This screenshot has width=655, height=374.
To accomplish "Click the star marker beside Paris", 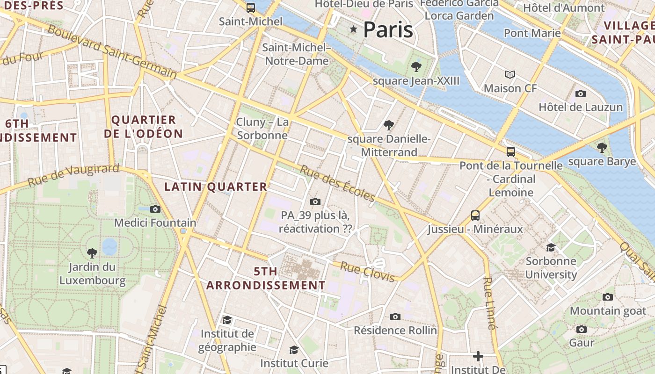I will tap(353, 30).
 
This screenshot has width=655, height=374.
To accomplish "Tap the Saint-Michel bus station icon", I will tap(251, 7).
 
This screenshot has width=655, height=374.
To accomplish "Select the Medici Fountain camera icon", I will tap(155, 209).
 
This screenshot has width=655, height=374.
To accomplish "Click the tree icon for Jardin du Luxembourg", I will tap(92, 253).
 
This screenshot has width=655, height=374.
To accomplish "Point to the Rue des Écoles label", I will tap(337, 183).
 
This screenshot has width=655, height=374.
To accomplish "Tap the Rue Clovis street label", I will tap(368, 272).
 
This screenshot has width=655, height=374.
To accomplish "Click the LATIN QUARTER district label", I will tap(215, 187).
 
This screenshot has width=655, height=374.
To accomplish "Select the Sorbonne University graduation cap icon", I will tap(551, 247).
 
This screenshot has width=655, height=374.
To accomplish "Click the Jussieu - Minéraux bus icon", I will tap(475, 215).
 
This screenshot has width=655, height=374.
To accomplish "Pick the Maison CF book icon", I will tap(510, 74).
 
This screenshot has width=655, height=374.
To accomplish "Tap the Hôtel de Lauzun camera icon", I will tap(581, 93).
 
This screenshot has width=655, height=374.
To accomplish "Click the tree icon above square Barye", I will tap(602, 148).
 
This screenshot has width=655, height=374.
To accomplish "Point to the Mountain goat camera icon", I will tap(608, 297).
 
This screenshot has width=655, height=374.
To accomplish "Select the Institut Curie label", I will tap(294, 363).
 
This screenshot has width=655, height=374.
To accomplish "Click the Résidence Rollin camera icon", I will tap(395, 316).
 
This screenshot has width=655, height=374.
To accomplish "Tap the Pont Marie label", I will tap(532, 33).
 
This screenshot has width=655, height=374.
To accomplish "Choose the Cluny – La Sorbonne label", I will tap(262, 129).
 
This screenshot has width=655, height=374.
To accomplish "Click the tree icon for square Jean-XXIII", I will tap(416, 67).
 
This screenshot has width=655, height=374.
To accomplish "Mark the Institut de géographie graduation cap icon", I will tap(227, 320).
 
